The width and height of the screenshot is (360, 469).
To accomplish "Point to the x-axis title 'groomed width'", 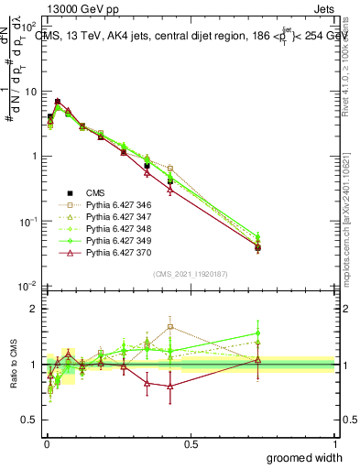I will [x=305, y=457].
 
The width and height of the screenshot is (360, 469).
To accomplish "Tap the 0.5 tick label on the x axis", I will [x=190, y=443].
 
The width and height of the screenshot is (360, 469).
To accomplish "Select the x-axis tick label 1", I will [x=335, y=443].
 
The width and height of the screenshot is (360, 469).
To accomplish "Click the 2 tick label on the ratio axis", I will [x=32, y=309].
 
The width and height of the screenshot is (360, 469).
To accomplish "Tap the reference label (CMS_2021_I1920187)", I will [x=191, y=273].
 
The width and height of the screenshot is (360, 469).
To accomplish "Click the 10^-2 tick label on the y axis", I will [x=27, y=286].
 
